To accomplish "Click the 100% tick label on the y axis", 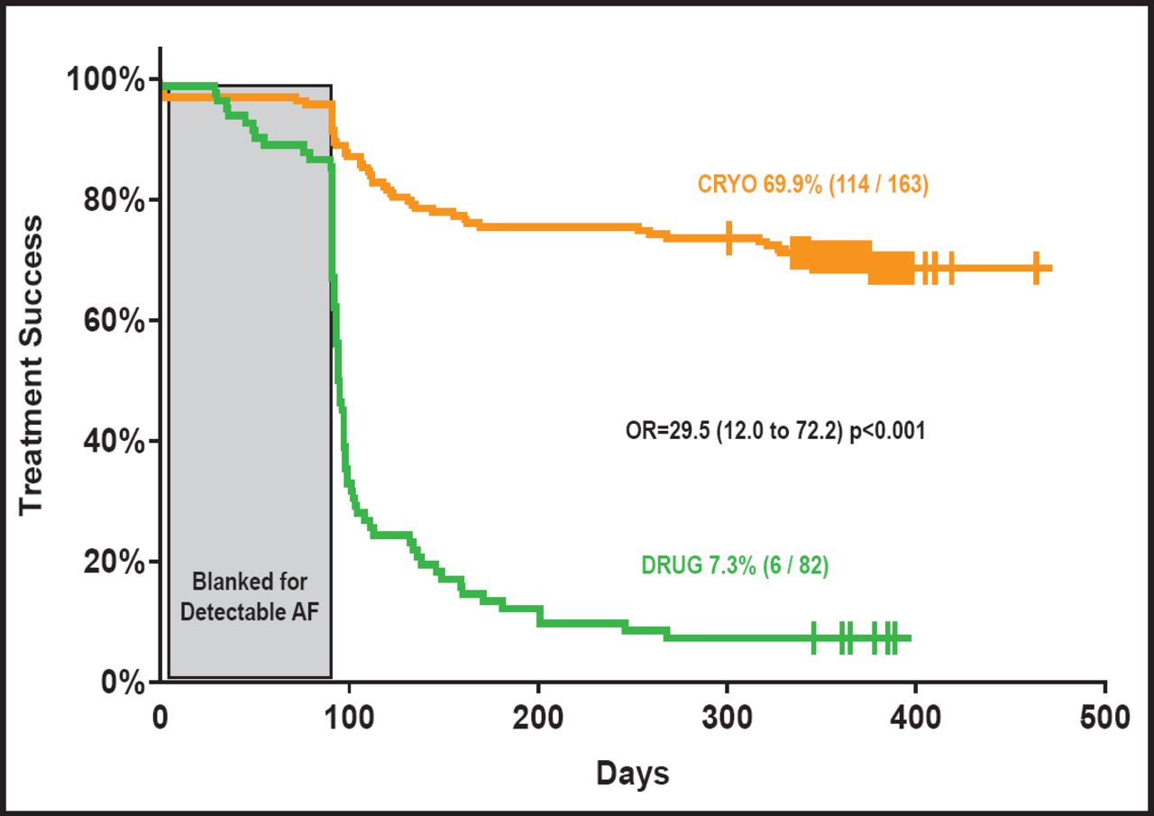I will tap(105, 80).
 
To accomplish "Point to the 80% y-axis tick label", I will tap(112, 200).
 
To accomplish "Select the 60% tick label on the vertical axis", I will tap(112, 321).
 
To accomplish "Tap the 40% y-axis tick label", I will tap(112, 442).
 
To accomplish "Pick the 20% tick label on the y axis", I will tap(112, 562).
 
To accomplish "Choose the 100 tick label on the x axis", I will tap(349, 719).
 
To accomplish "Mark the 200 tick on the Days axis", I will tap(538, 719).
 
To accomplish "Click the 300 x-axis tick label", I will tap(728, 719).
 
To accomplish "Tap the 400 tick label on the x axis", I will tap(917, 719).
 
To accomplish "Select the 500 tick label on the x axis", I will tap(1106, 719).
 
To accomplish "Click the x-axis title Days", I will tap(632, 774).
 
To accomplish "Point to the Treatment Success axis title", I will tap(32, 365).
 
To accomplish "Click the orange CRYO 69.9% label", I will tap(812, 185).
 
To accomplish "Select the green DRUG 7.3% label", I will tap(735, 566).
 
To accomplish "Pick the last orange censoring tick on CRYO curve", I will tap(1036, 268).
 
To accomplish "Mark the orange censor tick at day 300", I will tap(728, 238).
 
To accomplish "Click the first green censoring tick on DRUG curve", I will tap(813, 637).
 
